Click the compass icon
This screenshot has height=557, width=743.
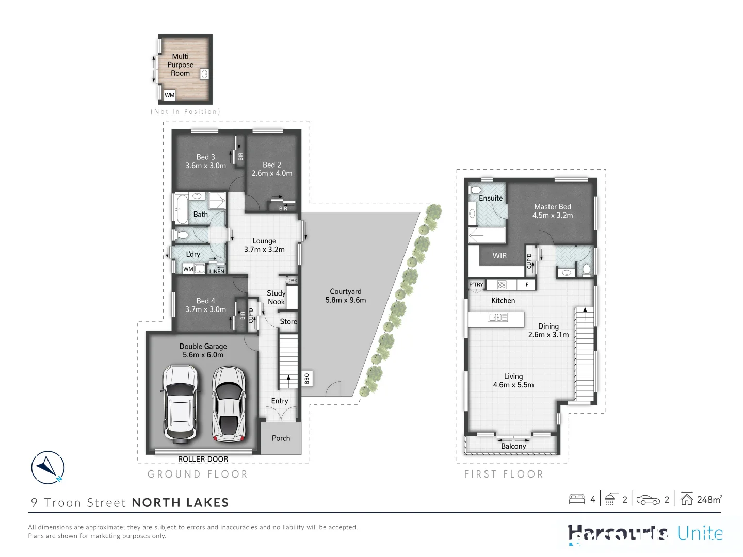47,468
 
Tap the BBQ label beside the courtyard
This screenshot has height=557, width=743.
306,379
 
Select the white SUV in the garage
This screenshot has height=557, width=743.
180,404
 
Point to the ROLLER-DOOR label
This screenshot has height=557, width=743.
203,459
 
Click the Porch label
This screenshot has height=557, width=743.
281,438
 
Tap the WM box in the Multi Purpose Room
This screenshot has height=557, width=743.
169,95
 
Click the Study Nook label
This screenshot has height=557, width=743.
276,297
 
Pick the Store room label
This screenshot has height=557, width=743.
288,321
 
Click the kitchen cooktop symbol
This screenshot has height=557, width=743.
502,285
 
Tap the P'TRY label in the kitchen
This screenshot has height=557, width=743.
476,285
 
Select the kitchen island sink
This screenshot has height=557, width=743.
497,318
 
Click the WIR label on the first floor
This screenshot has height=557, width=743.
499,256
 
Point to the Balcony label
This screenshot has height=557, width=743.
513,446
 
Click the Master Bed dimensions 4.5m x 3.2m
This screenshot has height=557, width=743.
553,215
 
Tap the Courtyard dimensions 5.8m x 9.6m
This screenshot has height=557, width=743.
346,300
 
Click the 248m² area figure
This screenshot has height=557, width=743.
709,499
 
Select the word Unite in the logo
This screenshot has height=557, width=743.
700,533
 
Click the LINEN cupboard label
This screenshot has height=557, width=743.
217,271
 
